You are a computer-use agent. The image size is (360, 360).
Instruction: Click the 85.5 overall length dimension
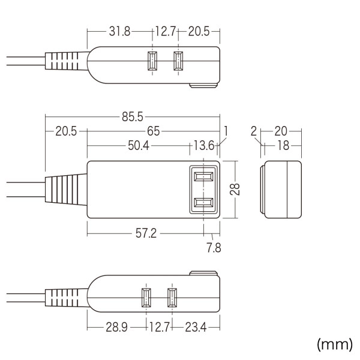pyautogui.click(x=133, y=118)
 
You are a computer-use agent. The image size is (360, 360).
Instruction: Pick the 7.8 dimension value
pyautogui.click(x=213, y=247)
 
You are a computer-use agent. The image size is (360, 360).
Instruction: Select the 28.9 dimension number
pyautogui.click(x=116, y=328)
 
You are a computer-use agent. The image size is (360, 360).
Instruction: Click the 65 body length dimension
pyautogui.click(x=152, y=131)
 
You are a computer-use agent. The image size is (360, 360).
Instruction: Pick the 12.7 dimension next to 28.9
pyautogui.click(x=160, y=328)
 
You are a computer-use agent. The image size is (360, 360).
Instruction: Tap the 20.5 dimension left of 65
pyautogui.click(x=67, y=131)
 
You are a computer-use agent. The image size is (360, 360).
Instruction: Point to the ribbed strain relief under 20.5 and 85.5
pyautogui.click(x=65, y=190)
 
